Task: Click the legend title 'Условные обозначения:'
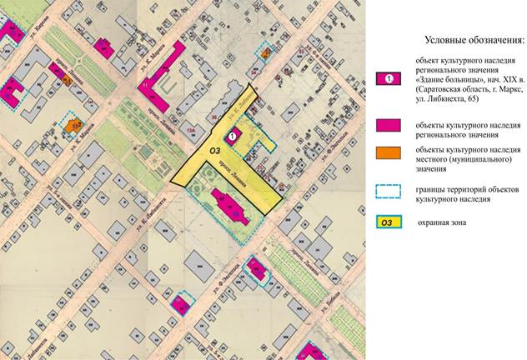coord(474,39)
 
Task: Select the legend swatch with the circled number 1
coord(388,78)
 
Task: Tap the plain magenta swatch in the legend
coord(388,126)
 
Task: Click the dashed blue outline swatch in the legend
coord(388,191)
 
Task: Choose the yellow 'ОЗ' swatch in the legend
coord(388,222)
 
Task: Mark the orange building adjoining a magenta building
coord(67,80)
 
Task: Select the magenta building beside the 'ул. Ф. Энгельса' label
coord(257,269)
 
